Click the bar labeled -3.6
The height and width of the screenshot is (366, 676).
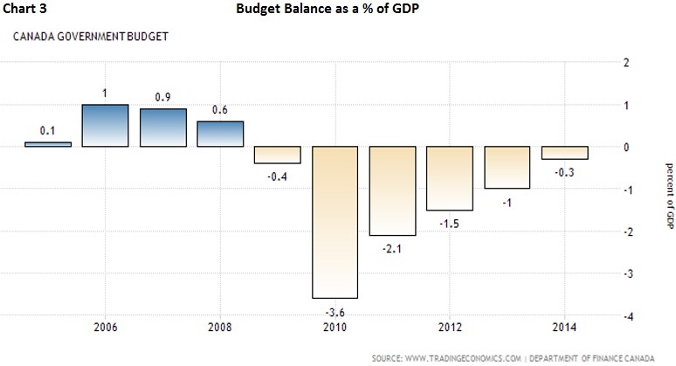335,222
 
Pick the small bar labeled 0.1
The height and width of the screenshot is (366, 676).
47,144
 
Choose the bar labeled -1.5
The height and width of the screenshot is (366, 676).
450,178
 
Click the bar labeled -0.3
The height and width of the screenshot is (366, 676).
564,153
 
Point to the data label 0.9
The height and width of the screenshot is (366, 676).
162,97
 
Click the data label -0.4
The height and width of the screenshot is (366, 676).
278,176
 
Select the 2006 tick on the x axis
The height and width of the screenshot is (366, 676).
105,330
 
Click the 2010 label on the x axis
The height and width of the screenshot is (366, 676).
335,330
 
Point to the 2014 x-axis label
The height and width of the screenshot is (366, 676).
564,330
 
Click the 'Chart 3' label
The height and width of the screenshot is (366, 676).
25,11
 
